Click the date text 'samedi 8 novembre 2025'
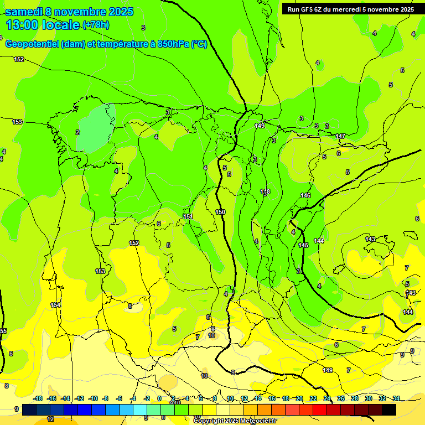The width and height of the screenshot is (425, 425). tap(69, 12)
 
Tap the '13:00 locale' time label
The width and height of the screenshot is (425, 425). tap(43, 24)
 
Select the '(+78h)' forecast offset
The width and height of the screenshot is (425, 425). tap(96, 24)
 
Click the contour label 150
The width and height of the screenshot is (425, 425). tap(220, 212)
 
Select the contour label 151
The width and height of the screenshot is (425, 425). tap(188, 216)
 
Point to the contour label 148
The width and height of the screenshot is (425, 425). tap(265, 191)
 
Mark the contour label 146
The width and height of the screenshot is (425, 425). tap(305, 195)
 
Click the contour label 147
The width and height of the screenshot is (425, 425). tap(340, 136)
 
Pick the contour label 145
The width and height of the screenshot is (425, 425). tap(303, 245)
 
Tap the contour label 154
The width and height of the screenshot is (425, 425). tap(55, 305)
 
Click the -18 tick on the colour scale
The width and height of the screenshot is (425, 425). tap(38, 398)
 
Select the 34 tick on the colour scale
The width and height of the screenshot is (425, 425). tap(396, 398)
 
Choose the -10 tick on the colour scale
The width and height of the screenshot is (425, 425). tap(93, 398)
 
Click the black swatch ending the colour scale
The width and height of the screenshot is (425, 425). tap(388, 410)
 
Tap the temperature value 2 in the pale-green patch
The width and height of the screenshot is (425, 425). tap(77, 132)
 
